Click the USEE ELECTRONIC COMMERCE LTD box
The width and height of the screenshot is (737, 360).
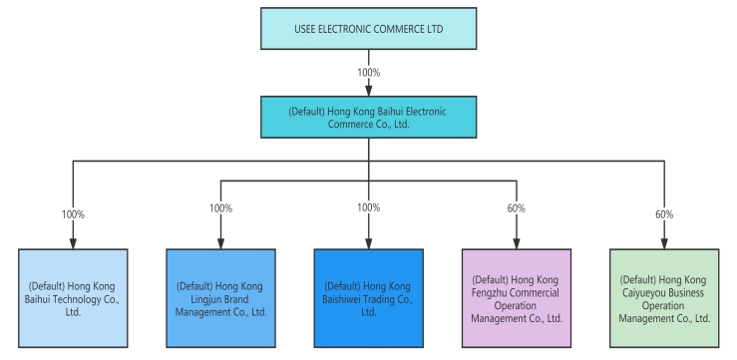368,29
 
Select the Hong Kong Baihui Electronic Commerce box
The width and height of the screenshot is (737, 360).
368,117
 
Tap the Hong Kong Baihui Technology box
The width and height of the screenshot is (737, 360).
73,297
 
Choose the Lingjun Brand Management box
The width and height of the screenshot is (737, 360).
220,297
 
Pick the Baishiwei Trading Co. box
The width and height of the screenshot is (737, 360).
368,297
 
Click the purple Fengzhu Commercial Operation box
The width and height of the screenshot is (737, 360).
516,297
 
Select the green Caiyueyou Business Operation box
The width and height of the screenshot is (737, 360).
663,297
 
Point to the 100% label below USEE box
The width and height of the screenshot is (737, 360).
368,73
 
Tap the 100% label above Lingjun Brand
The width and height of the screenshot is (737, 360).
220,207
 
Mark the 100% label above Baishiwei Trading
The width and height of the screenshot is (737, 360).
368,207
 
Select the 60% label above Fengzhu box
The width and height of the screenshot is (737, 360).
516,207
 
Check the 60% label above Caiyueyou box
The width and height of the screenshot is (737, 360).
663,213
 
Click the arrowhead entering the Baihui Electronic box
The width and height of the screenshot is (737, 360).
368,92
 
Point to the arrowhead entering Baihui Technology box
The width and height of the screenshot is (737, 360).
73,242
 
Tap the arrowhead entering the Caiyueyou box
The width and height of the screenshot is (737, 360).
663,242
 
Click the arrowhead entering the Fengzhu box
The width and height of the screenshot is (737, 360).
516,242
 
